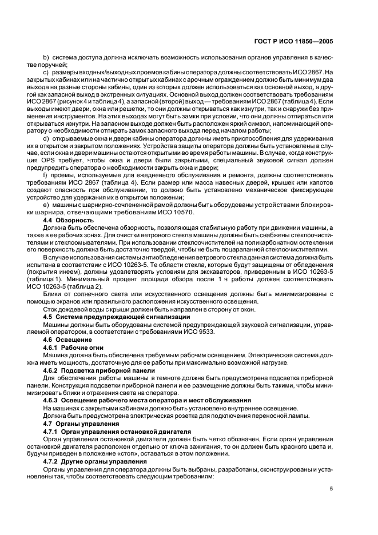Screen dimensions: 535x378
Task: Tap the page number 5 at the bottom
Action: click(332, 489)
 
